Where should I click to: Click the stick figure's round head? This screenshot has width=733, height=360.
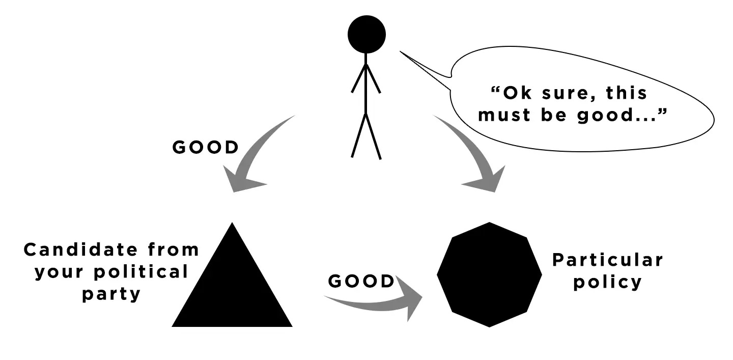366,34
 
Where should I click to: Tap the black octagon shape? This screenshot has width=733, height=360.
489,274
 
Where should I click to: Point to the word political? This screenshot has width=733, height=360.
142,272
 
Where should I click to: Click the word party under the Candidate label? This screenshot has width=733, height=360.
111,294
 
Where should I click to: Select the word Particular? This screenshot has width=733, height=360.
608,260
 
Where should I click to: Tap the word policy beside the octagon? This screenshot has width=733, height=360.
608,283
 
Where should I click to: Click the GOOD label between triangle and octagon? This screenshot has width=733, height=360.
361,281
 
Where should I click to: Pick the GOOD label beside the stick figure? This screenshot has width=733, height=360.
206,147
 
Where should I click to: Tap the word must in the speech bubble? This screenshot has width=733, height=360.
504,116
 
